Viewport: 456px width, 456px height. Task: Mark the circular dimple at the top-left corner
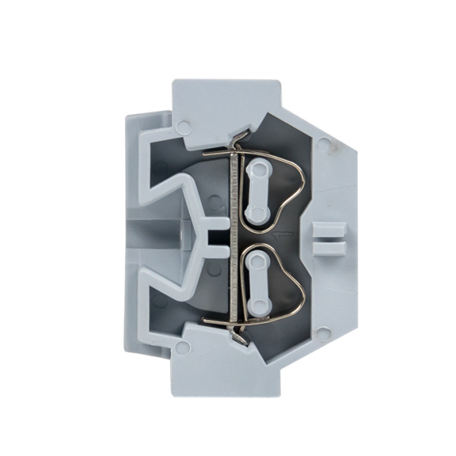(182, 125)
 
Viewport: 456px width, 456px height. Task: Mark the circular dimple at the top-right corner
(325, 141)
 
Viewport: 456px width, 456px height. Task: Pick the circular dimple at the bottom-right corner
(325, 332)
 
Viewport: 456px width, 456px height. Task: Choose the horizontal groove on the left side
(152, 236)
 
